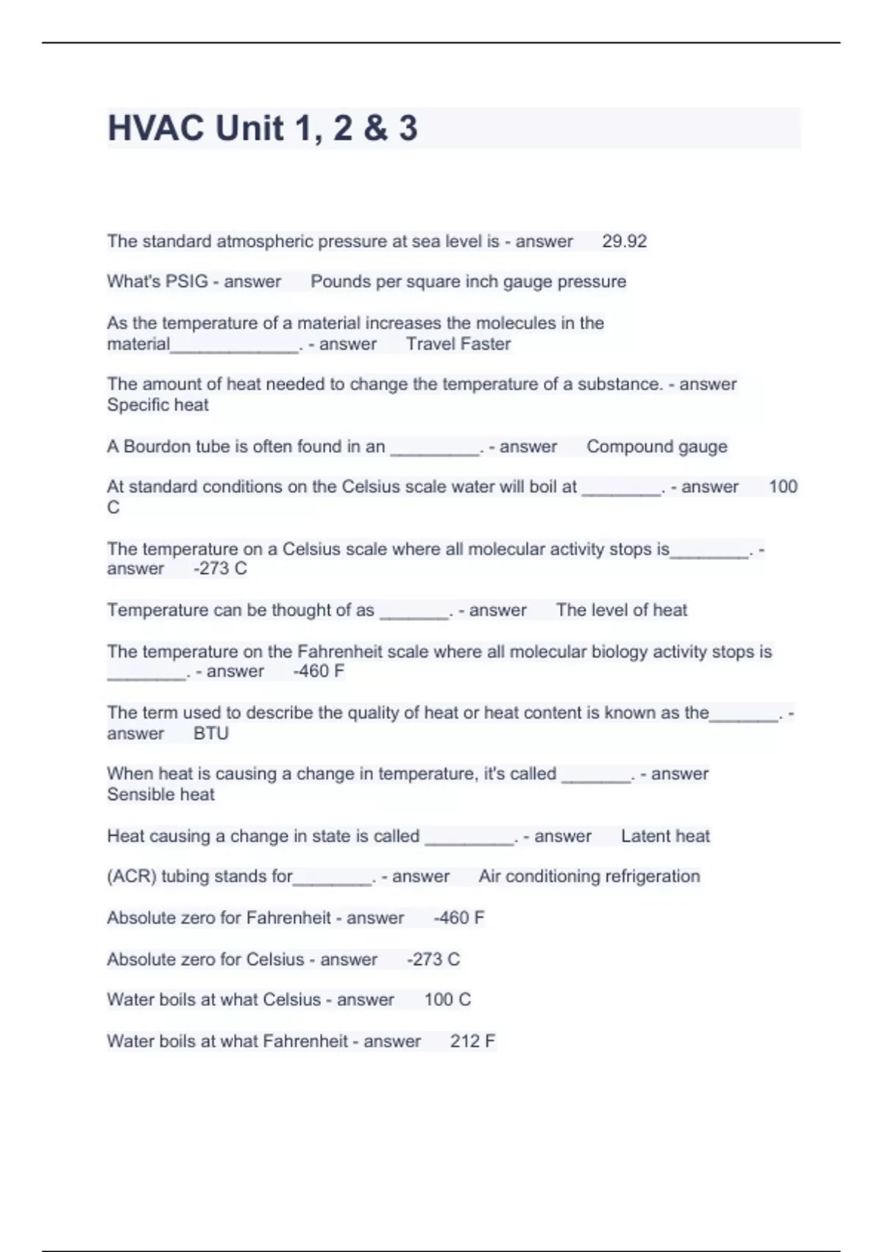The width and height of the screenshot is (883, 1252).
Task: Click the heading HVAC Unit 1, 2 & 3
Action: (263, 128)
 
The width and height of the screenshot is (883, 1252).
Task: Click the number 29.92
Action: (624, 242)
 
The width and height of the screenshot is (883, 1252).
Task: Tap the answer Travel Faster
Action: (458, 344)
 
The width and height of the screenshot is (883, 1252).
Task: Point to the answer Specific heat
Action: (157, 405)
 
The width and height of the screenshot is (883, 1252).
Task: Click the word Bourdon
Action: (157, 447)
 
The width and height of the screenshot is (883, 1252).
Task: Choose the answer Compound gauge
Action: (656, 447)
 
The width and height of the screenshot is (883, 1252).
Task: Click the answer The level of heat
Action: (621, 611)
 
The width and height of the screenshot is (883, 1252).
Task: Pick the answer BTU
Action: (210, 734)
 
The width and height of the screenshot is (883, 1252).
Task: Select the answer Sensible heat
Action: (160, 795)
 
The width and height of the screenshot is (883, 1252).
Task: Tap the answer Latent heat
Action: (665, 837)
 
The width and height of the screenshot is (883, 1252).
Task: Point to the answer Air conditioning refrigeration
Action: (589, 876)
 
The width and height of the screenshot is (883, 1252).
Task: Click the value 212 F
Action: (472, 1041)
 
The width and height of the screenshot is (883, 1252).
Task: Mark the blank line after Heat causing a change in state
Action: (469, 839)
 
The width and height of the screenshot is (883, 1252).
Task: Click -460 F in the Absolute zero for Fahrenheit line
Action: (458, 918)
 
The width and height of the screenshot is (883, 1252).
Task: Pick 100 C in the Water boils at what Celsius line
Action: (447, 1000)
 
